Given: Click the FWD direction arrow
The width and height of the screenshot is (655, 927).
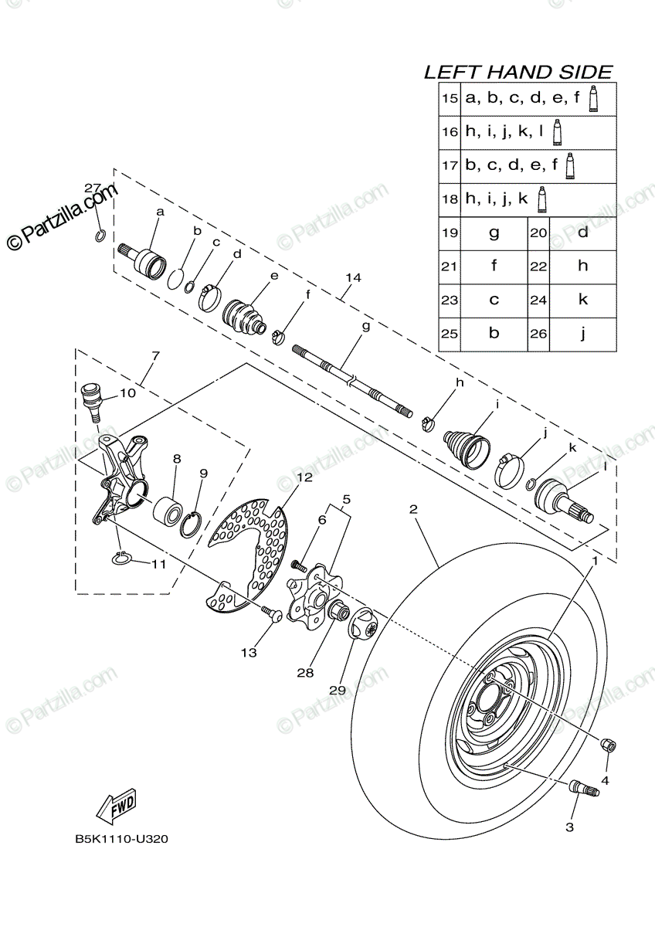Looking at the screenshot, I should [116, 807].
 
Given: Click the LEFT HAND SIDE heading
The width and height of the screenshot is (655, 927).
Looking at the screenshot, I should [518, 72].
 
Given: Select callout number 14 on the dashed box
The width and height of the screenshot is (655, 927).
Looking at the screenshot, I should [354, 277].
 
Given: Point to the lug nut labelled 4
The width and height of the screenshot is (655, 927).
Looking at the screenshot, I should [608, 745].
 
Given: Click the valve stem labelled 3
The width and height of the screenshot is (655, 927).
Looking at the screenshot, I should [582, 789].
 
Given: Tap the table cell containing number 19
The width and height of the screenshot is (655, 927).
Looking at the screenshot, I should [449, 233].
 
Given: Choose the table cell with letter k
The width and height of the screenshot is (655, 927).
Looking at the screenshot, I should [582, 300].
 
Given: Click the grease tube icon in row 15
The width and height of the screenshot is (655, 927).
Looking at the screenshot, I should [594, 100].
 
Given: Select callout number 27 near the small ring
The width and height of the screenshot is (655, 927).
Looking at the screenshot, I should [93, 188].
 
